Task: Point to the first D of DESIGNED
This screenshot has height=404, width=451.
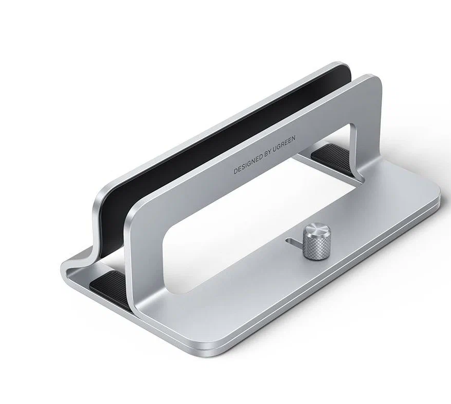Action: click(236, 172)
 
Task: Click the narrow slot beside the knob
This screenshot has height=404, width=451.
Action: click(295, 241)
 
